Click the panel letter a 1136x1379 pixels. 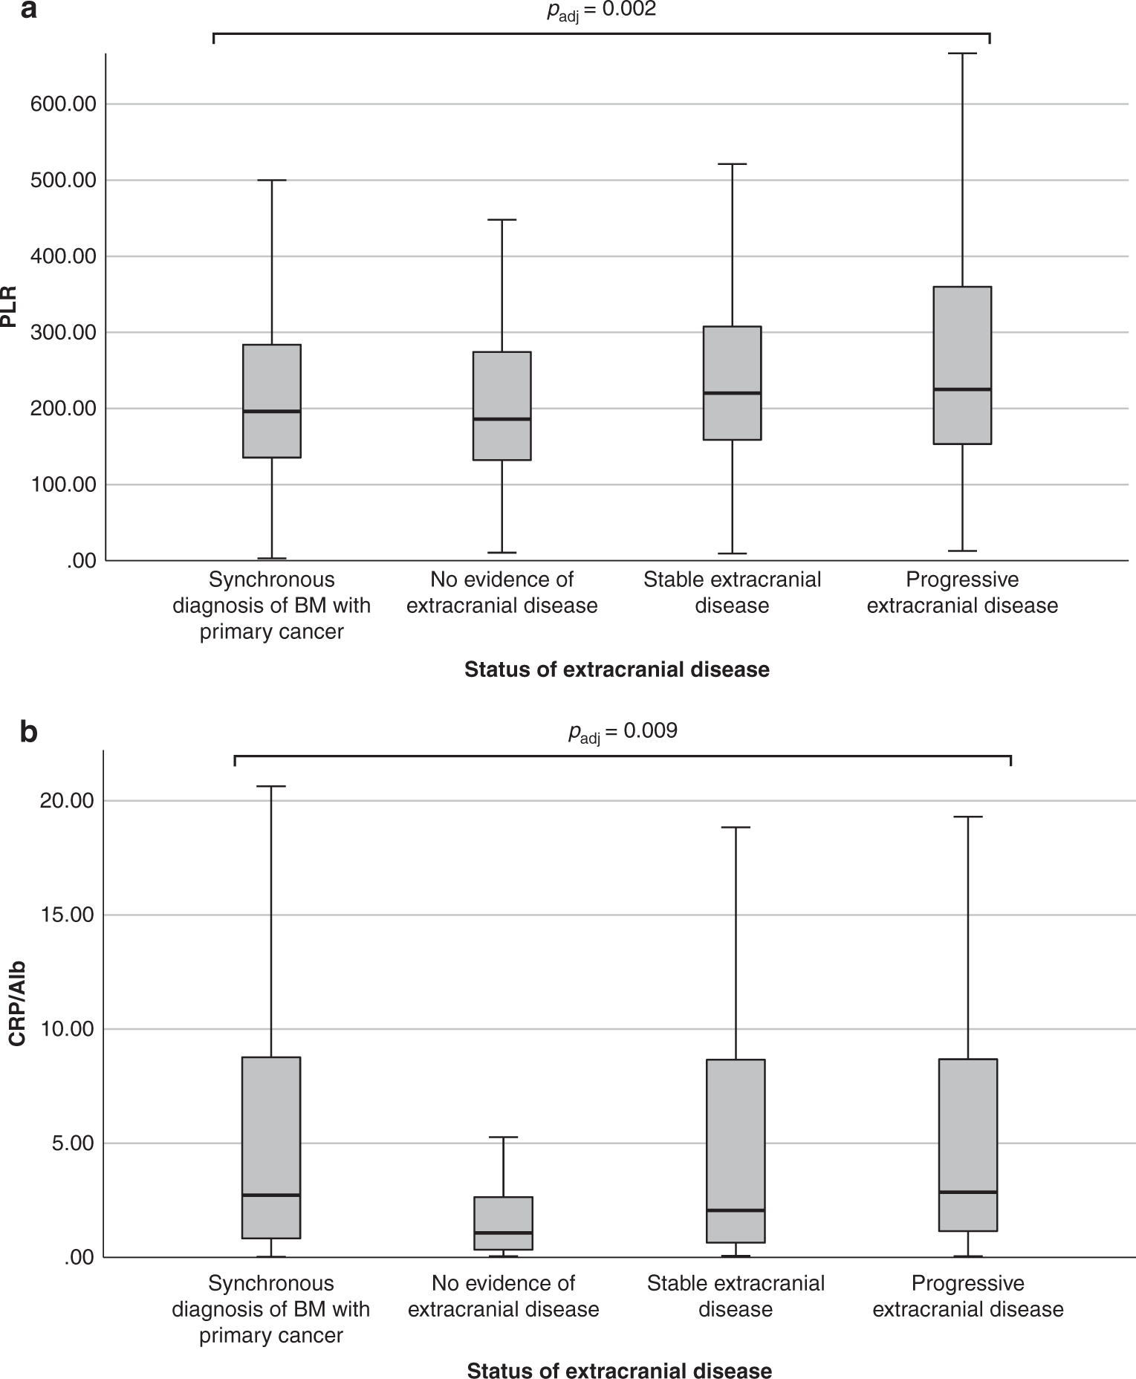point(29,11)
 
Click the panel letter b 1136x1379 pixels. point(29,732)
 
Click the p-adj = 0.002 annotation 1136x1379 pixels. point(601,10)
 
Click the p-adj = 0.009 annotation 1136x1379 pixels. point(623,732)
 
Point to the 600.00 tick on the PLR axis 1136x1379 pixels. point(63,104)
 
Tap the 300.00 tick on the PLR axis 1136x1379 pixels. point(63,332)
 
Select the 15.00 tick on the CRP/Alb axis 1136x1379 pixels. point(68,915)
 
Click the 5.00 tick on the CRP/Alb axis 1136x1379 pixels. point(72,1143)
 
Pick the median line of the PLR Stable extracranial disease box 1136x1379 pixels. point(732,393)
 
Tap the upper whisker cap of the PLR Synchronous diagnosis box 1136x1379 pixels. point(271,181)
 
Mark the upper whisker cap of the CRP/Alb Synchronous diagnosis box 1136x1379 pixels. point(271,786)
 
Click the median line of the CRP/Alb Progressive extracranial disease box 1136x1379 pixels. point(968,1193)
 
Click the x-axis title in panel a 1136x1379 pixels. point(617,669)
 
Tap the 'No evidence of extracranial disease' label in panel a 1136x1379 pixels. point(502,592)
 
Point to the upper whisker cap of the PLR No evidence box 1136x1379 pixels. point(502,220)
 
